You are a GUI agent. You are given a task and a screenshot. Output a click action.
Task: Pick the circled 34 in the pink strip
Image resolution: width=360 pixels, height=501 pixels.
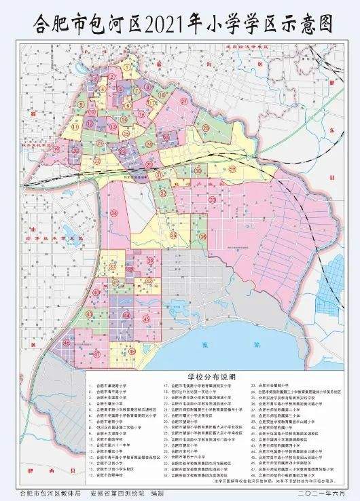coord(114,213)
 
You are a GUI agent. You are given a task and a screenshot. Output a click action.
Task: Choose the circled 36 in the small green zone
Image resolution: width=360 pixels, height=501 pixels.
coord(203,236)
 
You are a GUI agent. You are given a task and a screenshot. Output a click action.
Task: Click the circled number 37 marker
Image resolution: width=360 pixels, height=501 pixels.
coord(113,267)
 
